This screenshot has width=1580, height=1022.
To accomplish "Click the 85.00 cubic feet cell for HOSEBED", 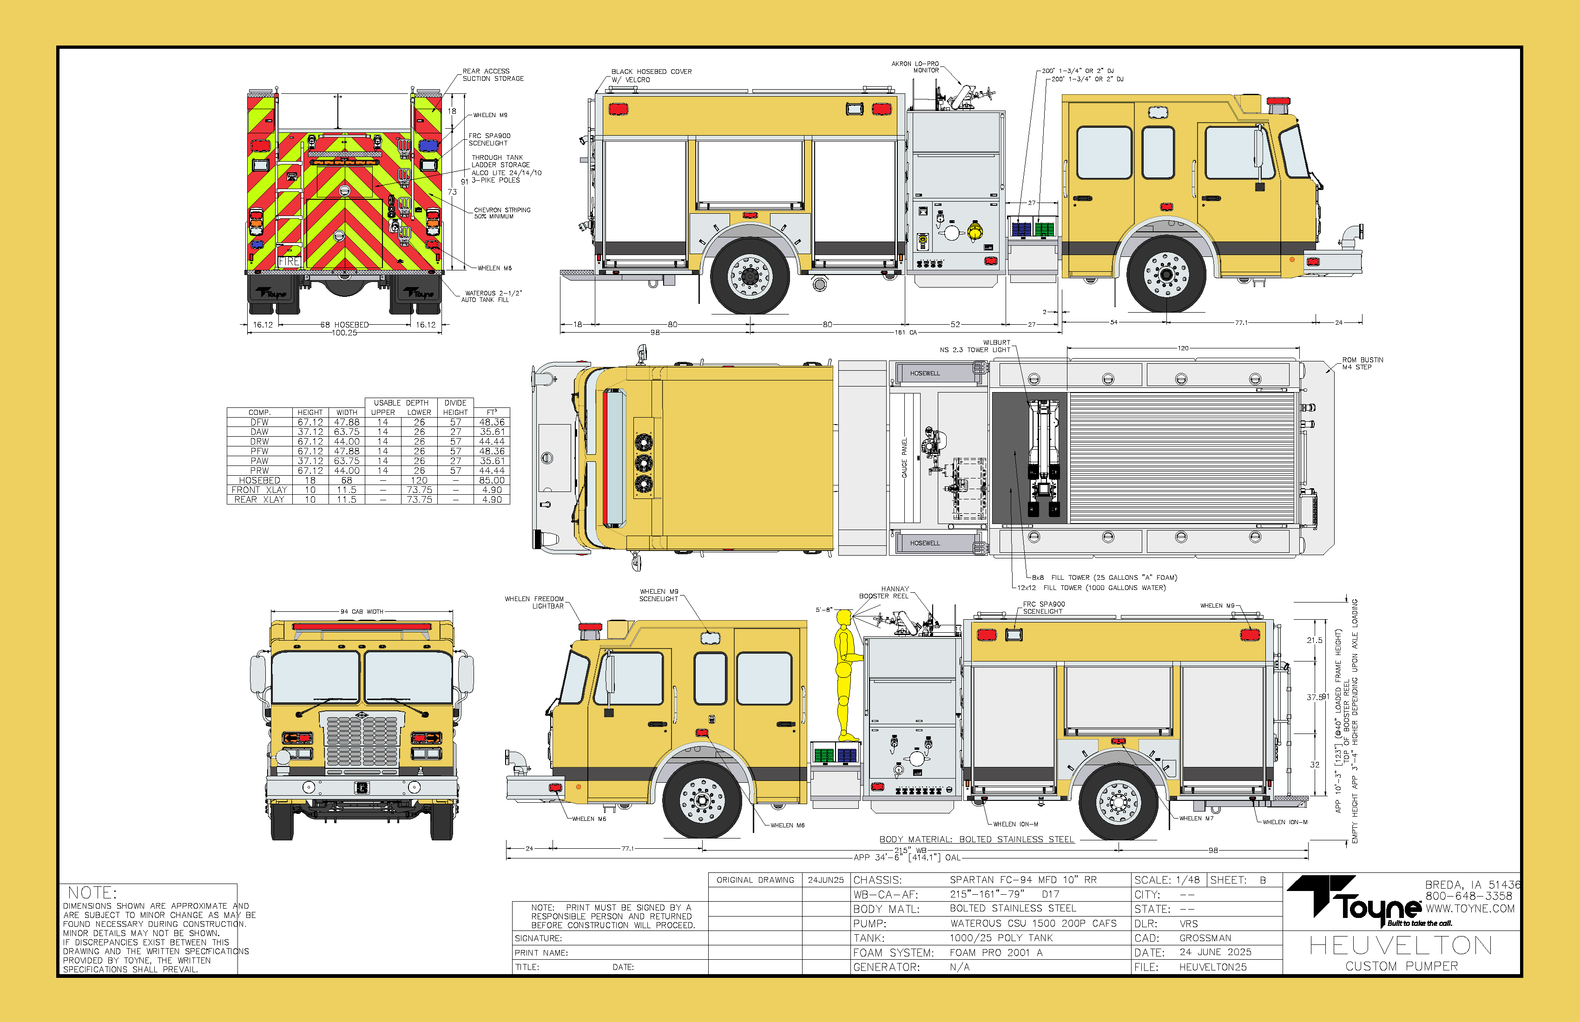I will click(492, 480).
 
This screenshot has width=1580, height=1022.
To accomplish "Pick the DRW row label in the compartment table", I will click(260, 441).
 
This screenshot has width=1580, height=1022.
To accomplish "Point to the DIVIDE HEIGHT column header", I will click(455, 407).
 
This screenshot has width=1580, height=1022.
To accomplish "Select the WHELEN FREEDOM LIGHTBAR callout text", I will click(534, 603).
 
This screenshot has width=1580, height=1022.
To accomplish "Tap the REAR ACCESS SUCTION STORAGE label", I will click(493, 75).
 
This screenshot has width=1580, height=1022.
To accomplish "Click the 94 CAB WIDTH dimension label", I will click(362, 612).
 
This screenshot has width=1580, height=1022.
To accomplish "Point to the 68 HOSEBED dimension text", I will click(344, 325).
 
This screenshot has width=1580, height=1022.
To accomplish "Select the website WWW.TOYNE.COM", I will click(1470, 909).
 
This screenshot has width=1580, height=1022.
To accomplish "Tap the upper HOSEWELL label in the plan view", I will click(925, 373).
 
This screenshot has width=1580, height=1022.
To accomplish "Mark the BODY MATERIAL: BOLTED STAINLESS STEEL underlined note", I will click(976, 839).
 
